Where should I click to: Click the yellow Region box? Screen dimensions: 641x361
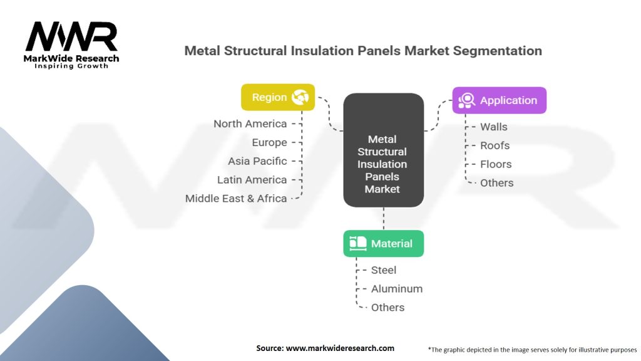278,97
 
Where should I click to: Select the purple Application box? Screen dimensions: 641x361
499,100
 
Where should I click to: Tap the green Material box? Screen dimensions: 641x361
384,244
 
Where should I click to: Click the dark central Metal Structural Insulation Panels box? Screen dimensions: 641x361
384,150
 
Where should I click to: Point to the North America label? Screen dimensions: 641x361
250,123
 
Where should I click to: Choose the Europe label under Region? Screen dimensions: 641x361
269,142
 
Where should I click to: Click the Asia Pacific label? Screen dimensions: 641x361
257,161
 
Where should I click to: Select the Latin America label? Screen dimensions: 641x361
252,180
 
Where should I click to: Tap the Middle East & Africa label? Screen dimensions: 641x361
236,199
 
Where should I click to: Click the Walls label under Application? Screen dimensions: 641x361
494,127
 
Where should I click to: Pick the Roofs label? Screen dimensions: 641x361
495,145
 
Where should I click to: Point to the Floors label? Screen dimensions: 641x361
496,164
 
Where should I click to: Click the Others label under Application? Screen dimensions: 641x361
496,183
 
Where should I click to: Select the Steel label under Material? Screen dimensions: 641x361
384,270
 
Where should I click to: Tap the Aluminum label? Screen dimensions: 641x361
397,289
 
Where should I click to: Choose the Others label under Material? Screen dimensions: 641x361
388,307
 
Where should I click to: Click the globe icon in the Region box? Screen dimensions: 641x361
300,97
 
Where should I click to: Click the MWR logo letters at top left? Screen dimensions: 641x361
71,37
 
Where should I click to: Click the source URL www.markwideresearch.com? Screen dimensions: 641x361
340,348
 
